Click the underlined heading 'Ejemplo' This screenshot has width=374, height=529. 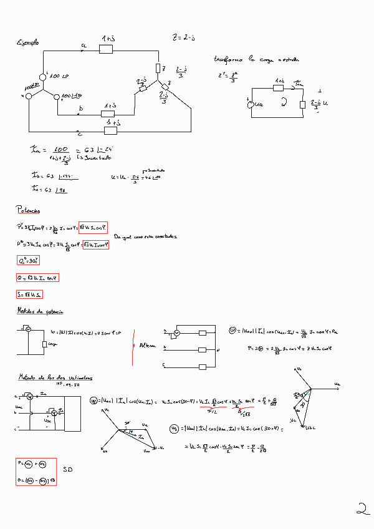coord(27,43)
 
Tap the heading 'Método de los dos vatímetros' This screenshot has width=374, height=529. coord(54,378)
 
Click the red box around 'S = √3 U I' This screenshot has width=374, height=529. coord(30,294)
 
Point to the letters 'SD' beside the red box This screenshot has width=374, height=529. coord(69,469)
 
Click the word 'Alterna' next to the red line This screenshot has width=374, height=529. coord(148,344)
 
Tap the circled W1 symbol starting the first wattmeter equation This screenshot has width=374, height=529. coord(93,400)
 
